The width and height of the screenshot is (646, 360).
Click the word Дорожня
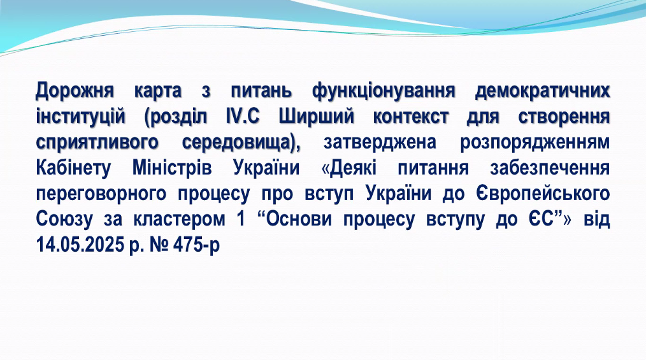tap(75, 90)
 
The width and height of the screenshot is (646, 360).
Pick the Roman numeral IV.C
tap(243, 117)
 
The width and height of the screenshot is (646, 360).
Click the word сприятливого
tap(97, 143)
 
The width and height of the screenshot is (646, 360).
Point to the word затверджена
tap(380, 143)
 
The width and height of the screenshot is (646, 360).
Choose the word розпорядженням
tap(535, 143)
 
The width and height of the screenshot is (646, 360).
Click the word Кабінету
tap(73, 168)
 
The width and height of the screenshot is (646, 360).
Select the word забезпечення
tap(550, 168)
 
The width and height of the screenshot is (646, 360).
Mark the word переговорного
tap(101, 194)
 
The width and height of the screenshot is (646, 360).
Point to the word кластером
tap(179, 219)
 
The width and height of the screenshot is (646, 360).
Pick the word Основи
tap(299, 219)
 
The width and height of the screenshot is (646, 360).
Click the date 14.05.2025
tap(80, 245)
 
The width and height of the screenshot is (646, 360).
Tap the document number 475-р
tap(196, 245)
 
